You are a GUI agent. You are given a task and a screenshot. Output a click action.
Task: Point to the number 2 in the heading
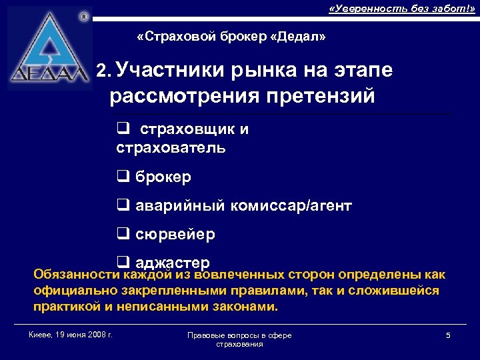101,71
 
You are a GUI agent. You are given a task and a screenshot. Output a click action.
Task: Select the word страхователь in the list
171,147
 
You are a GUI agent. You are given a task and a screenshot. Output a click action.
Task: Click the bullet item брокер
163,177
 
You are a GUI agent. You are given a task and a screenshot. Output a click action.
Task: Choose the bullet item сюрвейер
175,235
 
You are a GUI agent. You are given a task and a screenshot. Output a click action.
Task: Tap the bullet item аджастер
173,262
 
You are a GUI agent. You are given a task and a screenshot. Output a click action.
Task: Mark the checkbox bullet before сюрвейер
122,235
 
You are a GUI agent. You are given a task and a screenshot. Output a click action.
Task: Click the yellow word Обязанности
76,275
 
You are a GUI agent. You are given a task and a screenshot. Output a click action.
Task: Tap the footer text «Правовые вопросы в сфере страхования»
239,339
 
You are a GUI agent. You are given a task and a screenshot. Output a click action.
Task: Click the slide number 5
448,335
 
